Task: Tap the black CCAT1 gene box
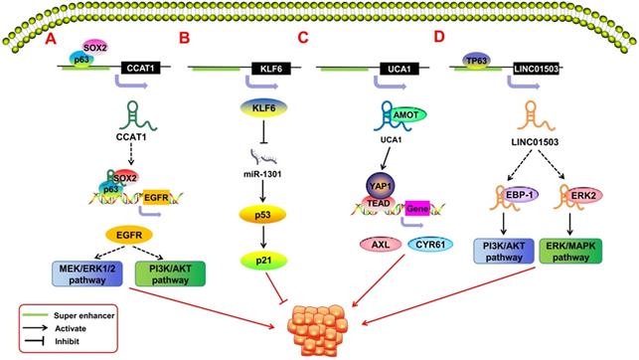point(138,68)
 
